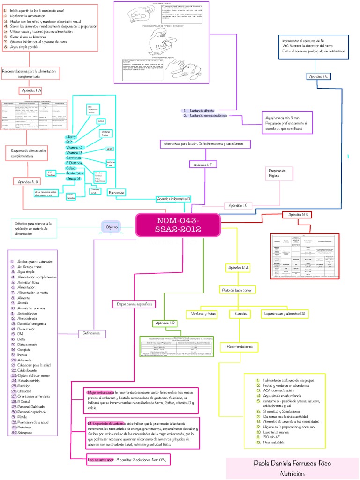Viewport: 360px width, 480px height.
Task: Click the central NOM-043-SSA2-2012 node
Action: [178, 225]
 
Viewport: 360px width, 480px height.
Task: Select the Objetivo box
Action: [112, 227]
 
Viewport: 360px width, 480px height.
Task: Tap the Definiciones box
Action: [92, 333]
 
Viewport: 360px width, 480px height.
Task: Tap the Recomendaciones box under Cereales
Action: [240, 347]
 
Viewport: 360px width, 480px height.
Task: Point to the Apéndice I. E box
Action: [319, 76]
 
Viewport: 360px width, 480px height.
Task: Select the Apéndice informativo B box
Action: [173, 199]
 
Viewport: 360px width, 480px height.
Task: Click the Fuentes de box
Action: [116, 192]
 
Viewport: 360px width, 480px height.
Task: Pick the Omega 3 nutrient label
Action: [74, 179]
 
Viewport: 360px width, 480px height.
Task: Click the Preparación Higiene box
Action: [276, 173]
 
